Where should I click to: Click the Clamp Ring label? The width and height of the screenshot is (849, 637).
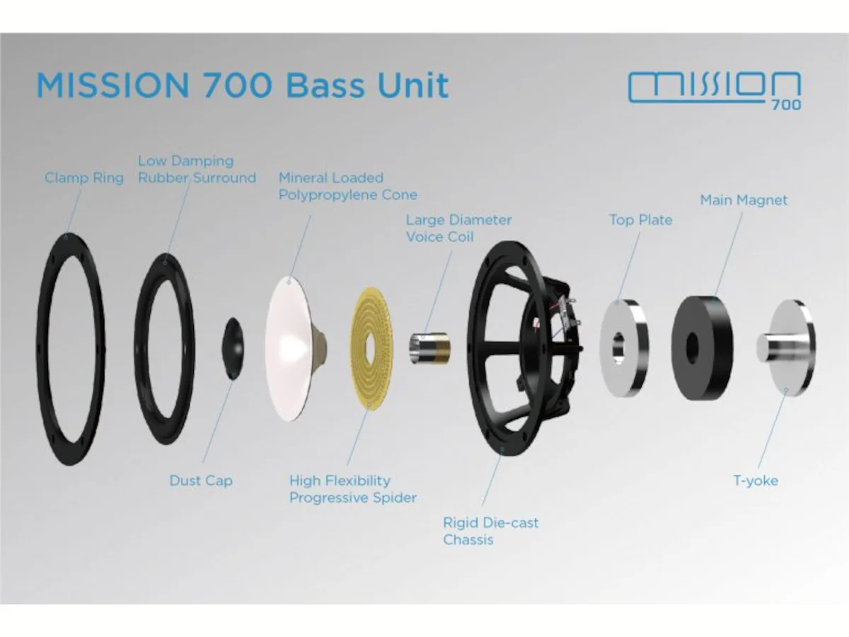click(x=84, y=178)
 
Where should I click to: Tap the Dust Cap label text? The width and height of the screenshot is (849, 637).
click(x=201, y=481)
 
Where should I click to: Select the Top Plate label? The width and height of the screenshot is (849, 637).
click(x=641, y=220)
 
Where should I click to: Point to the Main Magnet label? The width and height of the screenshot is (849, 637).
click(x=744, y=200)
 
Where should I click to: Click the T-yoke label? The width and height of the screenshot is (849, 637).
click(x=756, y=481)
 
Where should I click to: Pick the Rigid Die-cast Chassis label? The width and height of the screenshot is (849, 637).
click(x=490, y=531)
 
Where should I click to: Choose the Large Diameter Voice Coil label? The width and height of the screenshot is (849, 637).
click(x=458, y=228)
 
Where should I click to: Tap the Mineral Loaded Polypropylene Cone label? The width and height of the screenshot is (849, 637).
click(x=347, y=186)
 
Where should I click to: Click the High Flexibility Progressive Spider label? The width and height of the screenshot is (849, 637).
click(x=353, y=489)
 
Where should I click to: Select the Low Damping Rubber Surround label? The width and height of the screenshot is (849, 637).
click(x=197, y=169)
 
